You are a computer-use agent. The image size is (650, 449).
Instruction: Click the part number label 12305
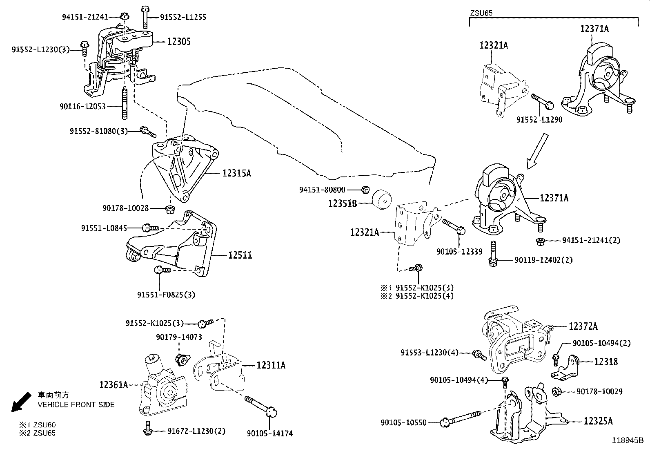coord(178,42)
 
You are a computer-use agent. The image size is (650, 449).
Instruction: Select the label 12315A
coord(236,173)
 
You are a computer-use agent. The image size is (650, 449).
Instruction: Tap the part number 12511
coord(240,255)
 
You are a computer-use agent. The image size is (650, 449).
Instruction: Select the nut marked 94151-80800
coord(366,189)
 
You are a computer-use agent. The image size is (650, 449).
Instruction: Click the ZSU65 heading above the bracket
coord(481,13)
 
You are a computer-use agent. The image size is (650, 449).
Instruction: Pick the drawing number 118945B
coord(627,440)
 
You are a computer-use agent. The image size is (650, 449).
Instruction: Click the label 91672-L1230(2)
coord(196,431)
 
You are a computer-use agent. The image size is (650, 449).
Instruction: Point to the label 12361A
coord(114,384)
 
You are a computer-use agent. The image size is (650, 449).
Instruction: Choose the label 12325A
coord(598,421)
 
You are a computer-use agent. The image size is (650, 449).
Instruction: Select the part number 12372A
coord(583,326)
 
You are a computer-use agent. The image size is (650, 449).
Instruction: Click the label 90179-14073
coord(178,337)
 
